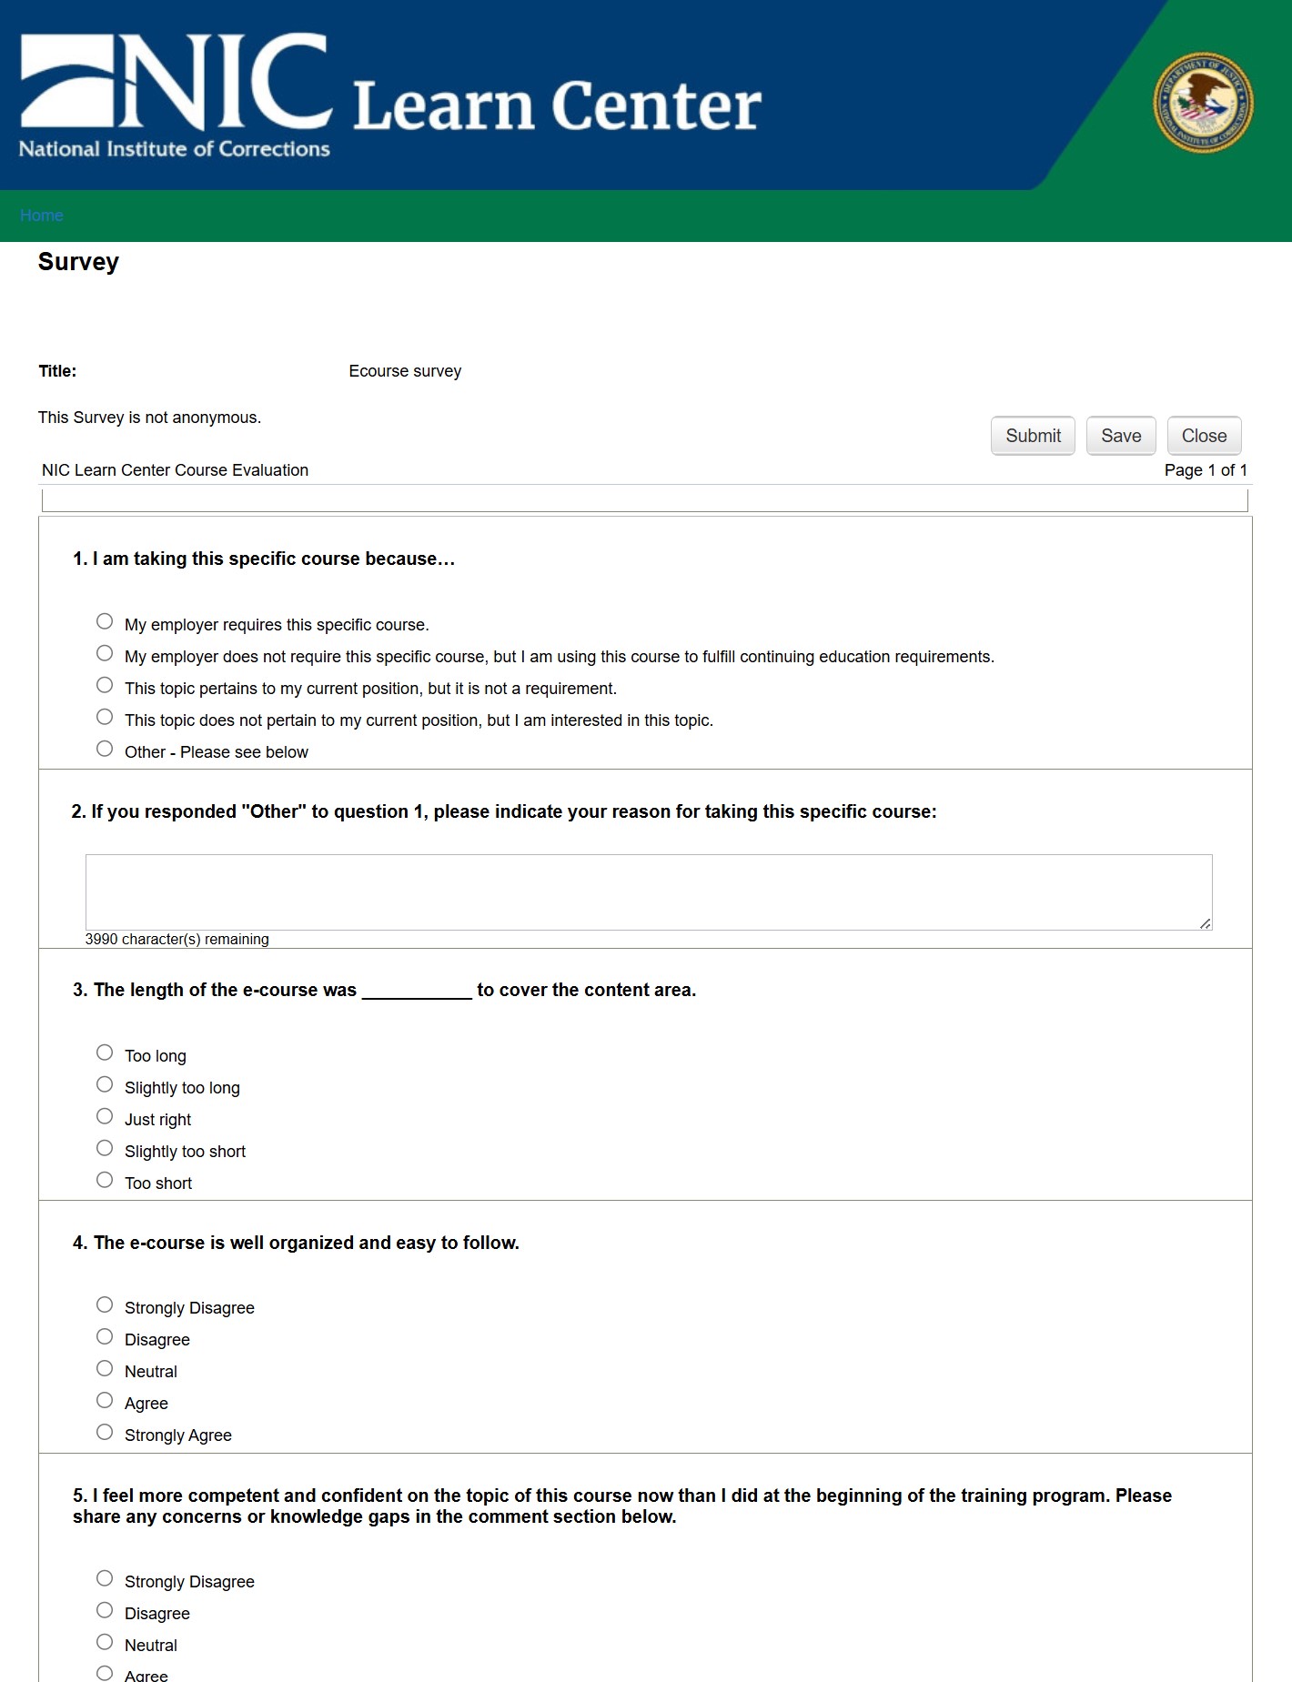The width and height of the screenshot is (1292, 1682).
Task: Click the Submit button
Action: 1033,436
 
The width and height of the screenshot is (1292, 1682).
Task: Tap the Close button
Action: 1204,436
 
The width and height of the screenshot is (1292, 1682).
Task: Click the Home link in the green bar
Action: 42,216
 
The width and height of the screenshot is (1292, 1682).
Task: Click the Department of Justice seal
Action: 1203,102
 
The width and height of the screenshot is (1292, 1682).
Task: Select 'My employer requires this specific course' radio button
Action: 105,621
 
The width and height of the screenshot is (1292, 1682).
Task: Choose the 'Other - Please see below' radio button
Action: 105,749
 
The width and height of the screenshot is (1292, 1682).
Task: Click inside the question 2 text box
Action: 648,891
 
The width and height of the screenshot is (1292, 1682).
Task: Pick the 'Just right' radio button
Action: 105,1116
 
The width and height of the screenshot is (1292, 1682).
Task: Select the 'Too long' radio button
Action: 105,1053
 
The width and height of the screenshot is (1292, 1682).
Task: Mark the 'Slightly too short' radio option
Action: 105,1148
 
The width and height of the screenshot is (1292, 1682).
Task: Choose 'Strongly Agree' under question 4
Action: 105,1432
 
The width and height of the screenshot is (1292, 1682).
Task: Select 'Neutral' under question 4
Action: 105,1368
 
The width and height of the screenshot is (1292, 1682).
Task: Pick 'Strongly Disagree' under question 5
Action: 105,1578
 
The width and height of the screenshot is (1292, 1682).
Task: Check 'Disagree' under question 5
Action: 105,1610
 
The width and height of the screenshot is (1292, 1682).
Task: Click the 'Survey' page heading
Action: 78,262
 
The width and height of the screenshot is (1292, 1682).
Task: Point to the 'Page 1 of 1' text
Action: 1206,470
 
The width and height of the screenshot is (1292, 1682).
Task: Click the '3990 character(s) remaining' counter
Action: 177,940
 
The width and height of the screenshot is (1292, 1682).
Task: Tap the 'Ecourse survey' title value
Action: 405,371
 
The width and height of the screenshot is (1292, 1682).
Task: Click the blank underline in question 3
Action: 417,992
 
